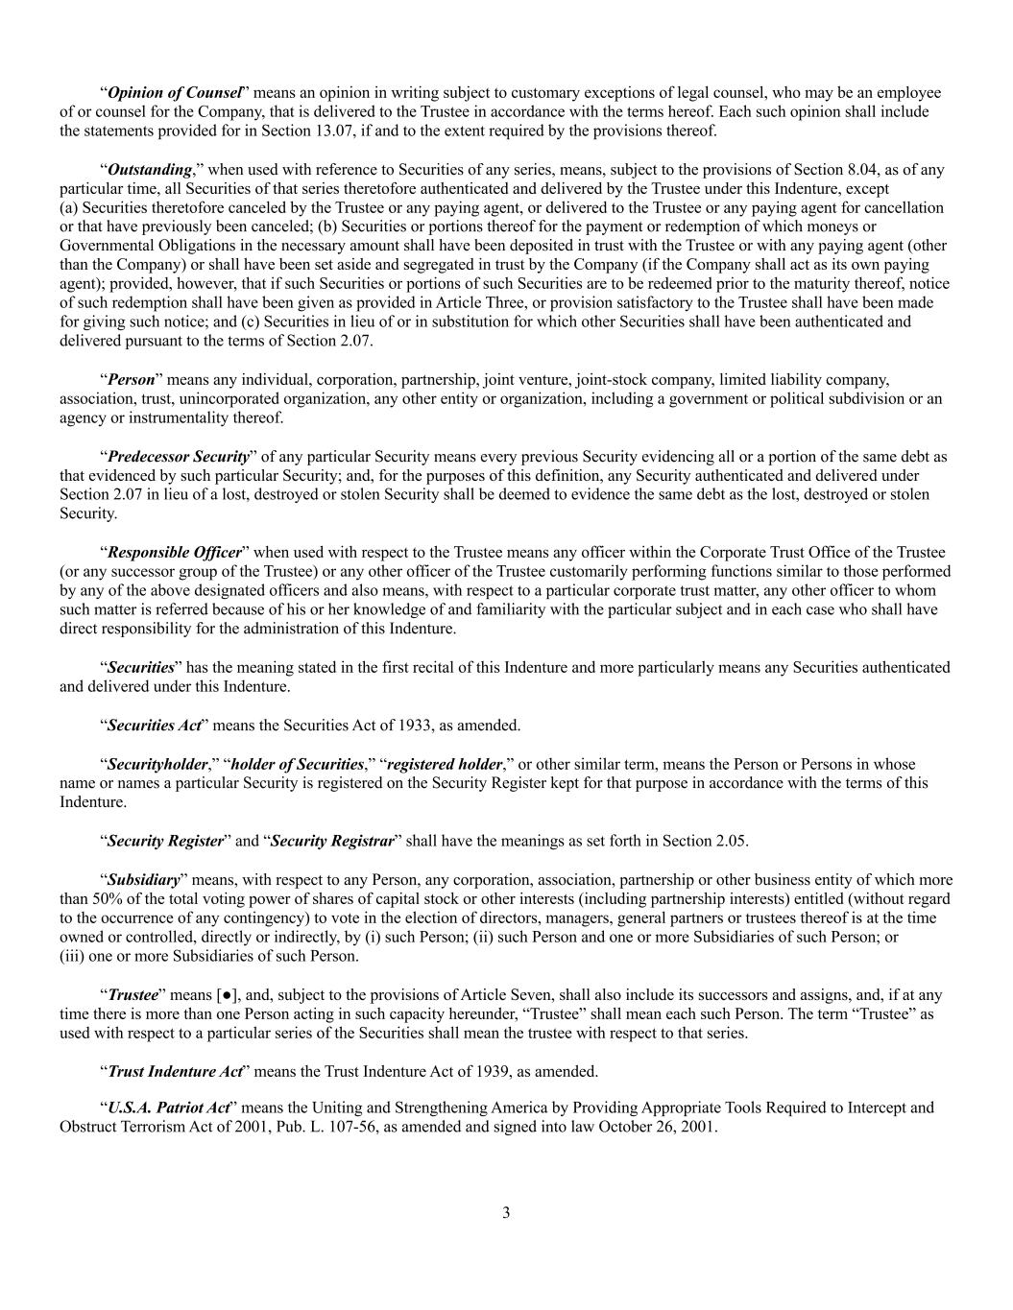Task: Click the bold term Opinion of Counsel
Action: (174, 93)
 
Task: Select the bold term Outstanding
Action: (150, 170)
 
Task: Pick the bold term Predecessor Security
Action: (178, 457)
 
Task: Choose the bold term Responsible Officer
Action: (174, 553)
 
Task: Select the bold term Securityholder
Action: (157, 765)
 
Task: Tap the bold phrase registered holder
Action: (444, 765)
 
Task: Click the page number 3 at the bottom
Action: (506, 1213)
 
